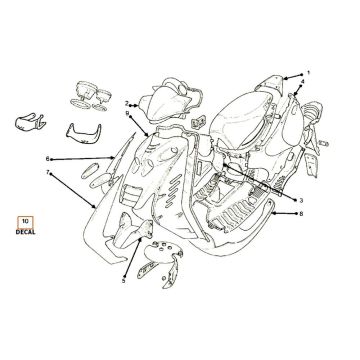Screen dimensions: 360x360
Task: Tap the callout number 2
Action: click(x=127, y=103)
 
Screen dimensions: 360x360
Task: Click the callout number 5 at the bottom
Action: click(x=123, y=282)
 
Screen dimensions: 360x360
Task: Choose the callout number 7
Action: click(x=47, y=173)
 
